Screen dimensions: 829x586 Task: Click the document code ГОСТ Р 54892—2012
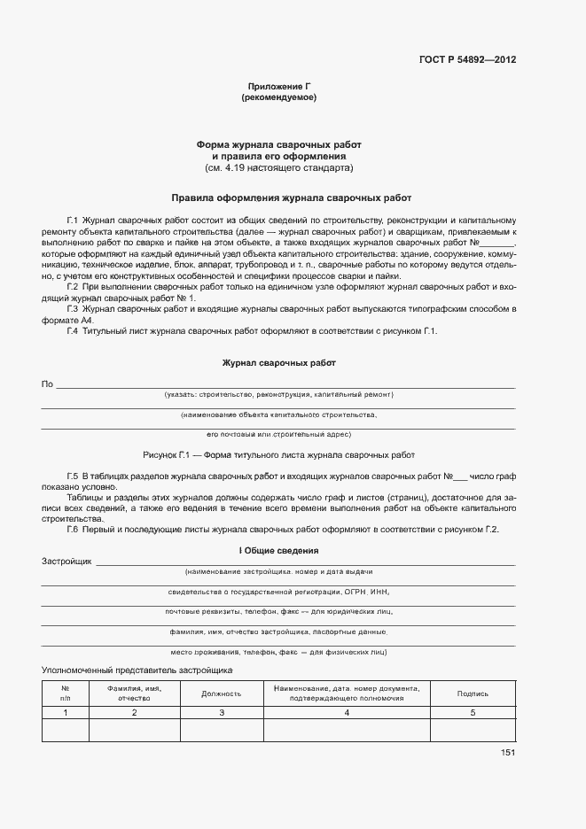(x=467, y=60)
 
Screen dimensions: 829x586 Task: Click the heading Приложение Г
(x=278, y=87)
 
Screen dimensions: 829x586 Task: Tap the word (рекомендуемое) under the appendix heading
(x=278, y=97)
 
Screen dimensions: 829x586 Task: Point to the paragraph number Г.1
(x=73, y=219)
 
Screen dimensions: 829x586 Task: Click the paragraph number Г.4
(x=73, y=330)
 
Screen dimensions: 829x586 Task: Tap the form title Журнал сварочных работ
(x=278, y=363)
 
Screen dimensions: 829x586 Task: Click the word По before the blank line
(x=47, y=384)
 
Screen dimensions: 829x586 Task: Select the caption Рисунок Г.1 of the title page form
(x=278, y=454)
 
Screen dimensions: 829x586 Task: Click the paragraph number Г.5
(x=73, y=476)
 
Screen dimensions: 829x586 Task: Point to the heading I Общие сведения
(x=278, y=551)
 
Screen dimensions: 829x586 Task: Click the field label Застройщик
(x=66, y=562)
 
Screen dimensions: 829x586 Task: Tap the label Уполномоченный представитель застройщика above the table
(x=137, y=672)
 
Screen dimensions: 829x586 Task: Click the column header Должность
(x=222, y=694)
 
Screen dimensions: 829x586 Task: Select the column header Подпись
(x=473, y=694)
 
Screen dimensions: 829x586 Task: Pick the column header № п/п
(x=66, y=693)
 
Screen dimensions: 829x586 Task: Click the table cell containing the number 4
(x=347, y=712)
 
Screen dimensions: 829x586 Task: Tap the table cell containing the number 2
(x=134, y=712)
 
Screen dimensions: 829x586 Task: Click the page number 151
(x=507, y=753)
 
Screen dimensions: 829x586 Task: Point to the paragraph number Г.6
(x=73, y=530)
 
